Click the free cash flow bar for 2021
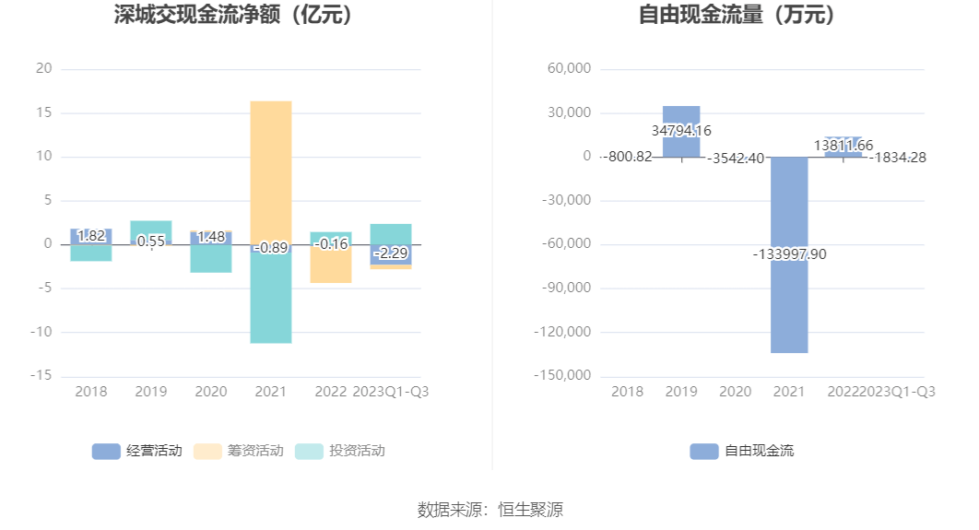789,304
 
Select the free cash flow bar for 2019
681,114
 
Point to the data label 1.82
91,236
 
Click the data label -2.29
391,253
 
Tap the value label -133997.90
789,254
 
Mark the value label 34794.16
681,131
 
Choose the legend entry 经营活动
137,451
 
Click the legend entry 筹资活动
239,451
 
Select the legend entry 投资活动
340,451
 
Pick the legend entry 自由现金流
742,451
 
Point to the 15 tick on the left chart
43,113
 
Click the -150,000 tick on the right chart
562,376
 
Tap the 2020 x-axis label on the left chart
210,392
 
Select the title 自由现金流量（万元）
737,15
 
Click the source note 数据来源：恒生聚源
489,509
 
